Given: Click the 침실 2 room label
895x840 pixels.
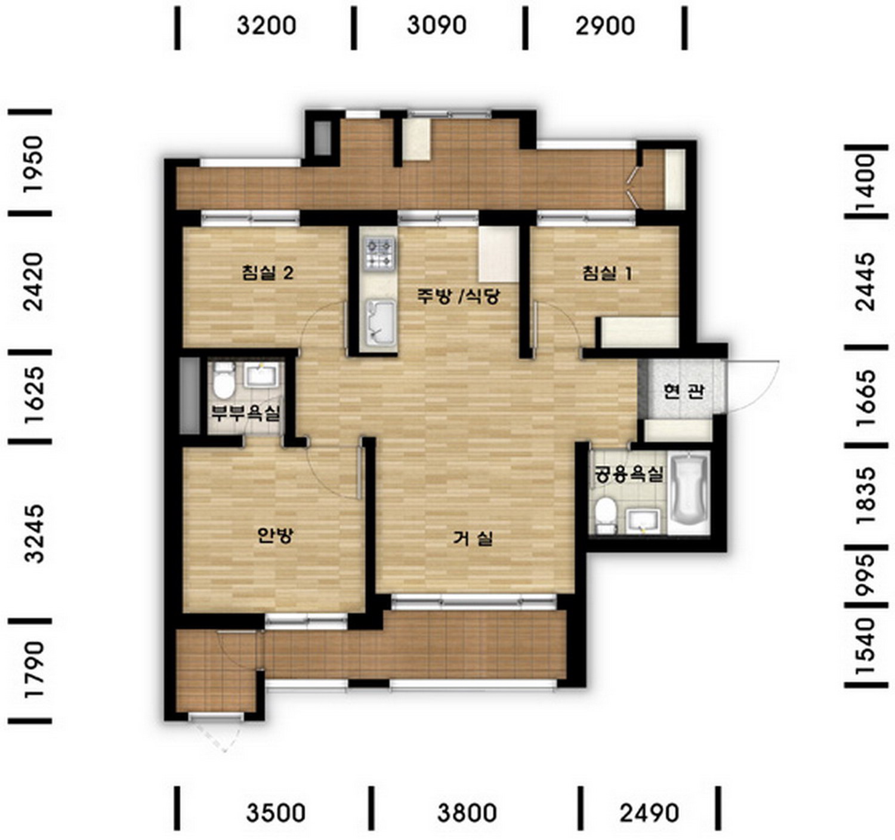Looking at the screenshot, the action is coord(268,272).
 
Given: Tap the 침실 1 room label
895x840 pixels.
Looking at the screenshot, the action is coord(607,272).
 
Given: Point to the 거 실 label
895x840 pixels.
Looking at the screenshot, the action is coord(473,538).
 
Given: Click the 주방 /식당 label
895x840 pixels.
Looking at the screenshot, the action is coord(458,296).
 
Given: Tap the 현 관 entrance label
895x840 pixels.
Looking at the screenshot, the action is coord(684,391).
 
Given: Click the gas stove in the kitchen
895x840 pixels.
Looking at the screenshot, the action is coord(380,254).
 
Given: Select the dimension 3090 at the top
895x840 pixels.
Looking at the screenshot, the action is coord(436,25).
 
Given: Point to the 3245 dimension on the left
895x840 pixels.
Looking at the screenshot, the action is coord(34,533).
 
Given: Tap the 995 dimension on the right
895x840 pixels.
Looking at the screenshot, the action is coord(865,575).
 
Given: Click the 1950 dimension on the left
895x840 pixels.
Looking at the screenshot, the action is coord(34,165).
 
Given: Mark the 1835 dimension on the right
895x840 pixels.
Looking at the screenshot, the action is coord(865,494).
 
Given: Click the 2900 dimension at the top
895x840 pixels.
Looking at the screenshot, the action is coord(605,26).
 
